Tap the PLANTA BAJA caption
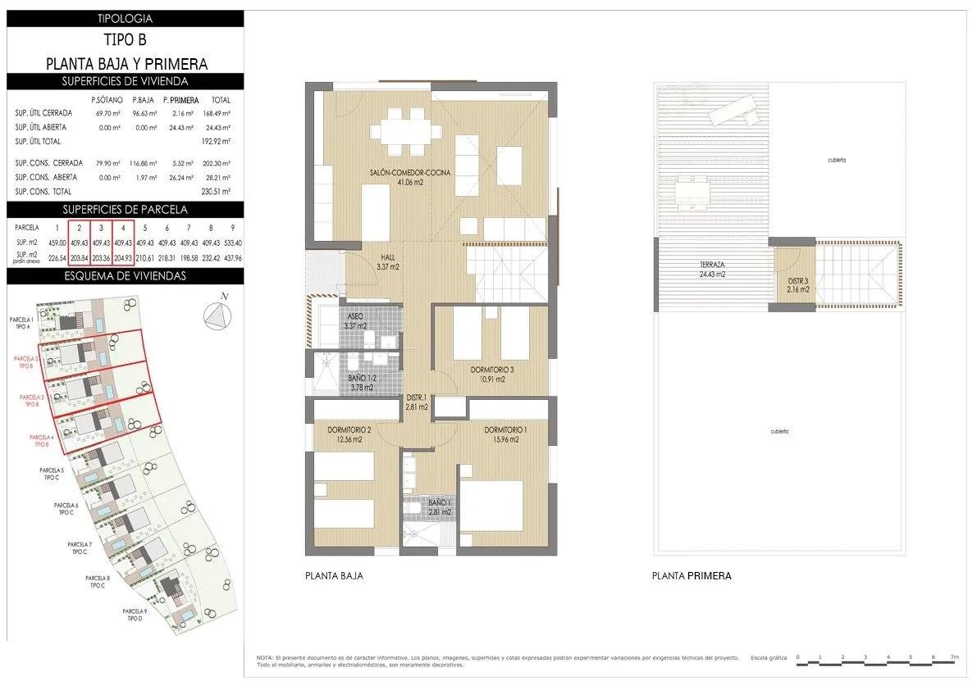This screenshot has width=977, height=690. pos(333,576)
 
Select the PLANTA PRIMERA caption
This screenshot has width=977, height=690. pos(691,576)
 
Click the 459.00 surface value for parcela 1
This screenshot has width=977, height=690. pos(57,243)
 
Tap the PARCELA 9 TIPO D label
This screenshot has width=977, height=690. pos(135,615)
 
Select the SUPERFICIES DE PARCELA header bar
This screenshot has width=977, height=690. pos(125,209)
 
